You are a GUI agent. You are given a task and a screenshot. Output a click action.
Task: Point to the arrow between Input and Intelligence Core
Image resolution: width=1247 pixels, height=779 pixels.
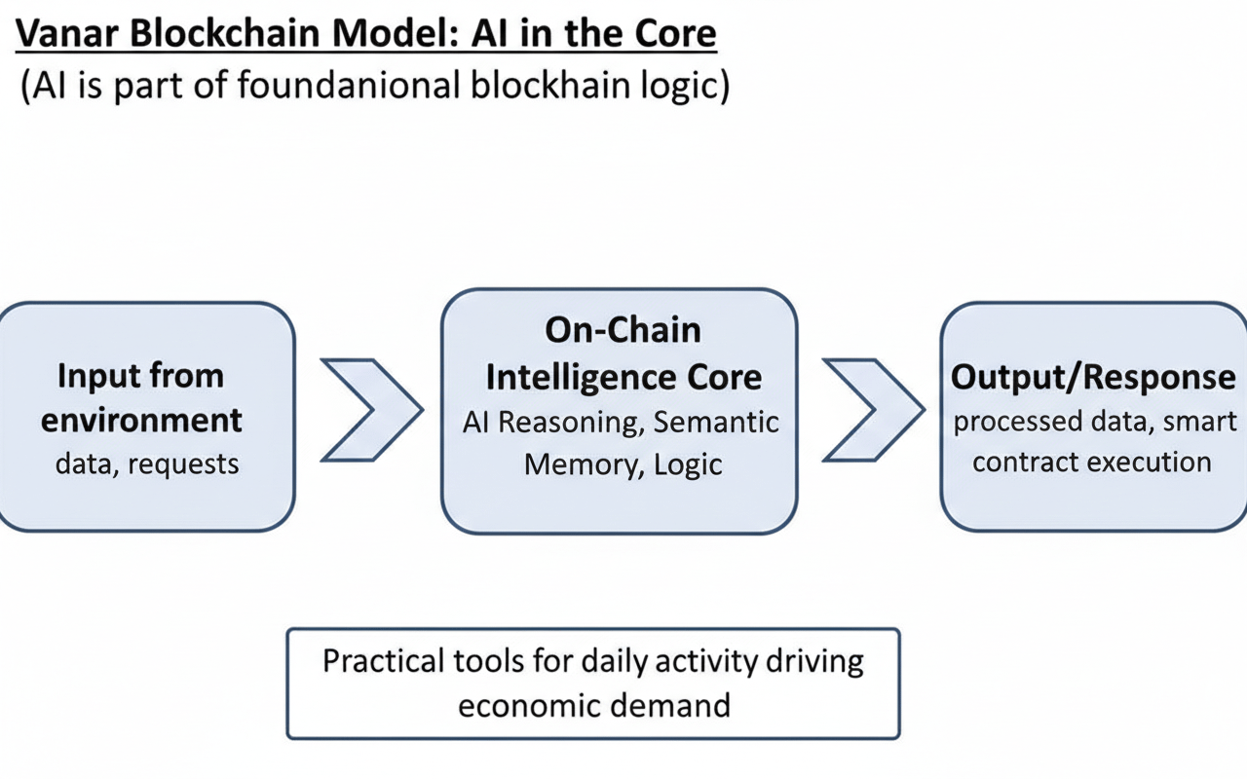371,409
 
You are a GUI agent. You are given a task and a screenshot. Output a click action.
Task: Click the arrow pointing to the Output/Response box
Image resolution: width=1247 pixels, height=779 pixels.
873,409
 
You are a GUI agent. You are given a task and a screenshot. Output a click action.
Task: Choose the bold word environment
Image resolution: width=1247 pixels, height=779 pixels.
141,420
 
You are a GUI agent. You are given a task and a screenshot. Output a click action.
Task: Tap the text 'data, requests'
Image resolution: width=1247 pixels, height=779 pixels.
147,464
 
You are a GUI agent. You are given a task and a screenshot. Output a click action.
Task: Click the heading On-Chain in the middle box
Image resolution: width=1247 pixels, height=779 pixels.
623,330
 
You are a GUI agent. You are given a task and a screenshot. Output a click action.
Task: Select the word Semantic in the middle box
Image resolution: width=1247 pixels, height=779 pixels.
716,422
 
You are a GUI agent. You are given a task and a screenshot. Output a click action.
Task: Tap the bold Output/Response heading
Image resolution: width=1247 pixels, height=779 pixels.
1093,378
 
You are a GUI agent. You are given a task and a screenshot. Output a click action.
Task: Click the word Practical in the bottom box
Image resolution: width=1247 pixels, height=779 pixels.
384,662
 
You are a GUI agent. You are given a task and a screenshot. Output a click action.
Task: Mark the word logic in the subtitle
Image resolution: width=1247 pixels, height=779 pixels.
681,86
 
